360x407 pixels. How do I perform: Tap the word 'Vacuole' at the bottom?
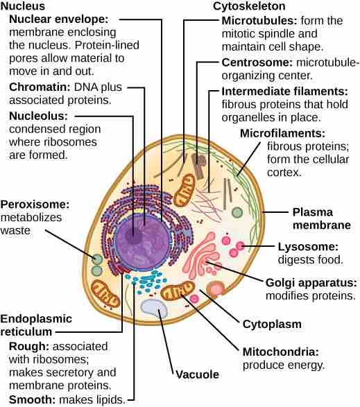[x=196, y=374]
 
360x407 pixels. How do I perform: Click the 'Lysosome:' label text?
[x=307, y=247]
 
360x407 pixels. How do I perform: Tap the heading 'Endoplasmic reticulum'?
[x=33, y=325]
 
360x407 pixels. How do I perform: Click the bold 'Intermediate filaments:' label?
[x=284, y=91]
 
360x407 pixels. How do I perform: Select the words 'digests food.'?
[x=310, y=261]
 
